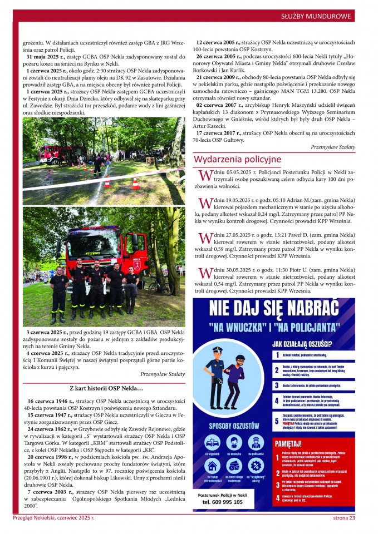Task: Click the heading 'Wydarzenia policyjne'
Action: (237, 160)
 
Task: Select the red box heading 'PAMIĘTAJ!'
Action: (288, 443)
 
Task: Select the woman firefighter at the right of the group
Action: (131, 289)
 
